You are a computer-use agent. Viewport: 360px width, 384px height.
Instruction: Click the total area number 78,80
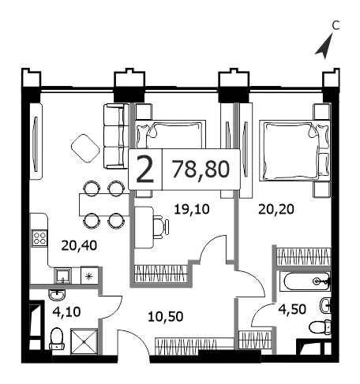(201, 170)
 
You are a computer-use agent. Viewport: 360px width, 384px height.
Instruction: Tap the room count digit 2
(145, 169)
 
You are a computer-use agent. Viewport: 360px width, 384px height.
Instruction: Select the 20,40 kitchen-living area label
(79, 245)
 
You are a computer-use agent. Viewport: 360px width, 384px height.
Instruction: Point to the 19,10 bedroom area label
(192, 209)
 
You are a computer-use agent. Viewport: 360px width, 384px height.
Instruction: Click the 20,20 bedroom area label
(276, 210)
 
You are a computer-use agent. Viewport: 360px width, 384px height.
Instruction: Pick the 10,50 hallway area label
(165, 317)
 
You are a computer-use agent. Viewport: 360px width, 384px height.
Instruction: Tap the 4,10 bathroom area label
(66, 312)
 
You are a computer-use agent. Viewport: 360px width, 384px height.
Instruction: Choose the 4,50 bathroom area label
(292, 309)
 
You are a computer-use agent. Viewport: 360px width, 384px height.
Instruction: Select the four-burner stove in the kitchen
(39, 238)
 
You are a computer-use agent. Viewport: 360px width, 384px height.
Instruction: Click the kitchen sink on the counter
(62, 276)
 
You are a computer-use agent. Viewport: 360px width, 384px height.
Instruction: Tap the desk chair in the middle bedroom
(161, 226)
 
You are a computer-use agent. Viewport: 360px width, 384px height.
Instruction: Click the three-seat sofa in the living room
(116, 136)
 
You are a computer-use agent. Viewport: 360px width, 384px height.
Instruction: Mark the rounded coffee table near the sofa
(85, 148)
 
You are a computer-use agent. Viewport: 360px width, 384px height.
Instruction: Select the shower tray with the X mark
(84, 341)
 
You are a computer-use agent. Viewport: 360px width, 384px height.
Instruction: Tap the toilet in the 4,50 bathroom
(320, 327)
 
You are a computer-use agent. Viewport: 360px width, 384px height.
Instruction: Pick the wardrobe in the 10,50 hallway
(194, 346)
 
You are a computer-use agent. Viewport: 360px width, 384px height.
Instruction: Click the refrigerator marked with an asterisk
(89, 276)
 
